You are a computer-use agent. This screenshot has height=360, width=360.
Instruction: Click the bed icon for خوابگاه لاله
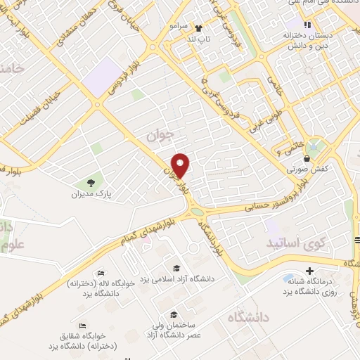coord(101,274)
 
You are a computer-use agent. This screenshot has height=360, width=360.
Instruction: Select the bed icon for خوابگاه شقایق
coord(83,326)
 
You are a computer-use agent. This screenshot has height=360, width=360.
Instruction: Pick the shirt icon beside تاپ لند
coord(198,29)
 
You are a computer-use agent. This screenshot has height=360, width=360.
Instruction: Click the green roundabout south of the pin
coord(197,211)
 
